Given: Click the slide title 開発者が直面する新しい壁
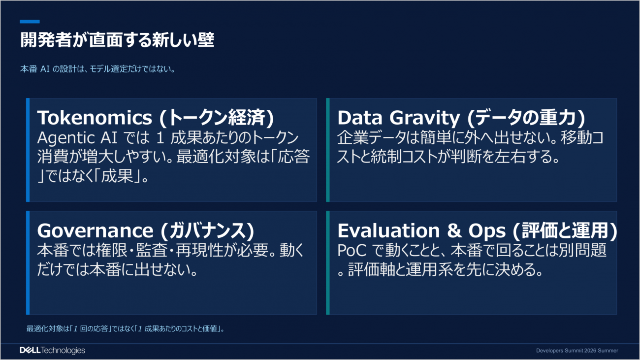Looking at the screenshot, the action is coord(117,40).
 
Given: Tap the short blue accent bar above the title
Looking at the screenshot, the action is coord(30,22).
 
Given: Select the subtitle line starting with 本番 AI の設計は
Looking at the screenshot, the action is coord(97,69).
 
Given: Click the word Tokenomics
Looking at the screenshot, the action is coord(95,117).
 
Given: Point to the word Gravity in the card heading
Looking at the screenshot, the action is coord(425,118).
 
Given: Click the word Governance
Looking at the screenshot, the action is coord(96,230).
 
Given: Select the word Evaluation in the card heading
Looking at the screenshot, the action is coord(388,230).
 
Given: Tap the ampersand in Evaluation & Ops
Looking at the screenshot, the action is coord(454,230).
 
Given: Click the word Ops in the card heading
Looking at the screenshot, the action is coord(487,231).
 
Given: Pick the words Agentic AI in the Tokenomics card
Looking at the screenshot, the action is coord(77,138).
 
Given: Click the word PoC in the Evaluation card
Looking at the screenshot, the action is coord(352,250).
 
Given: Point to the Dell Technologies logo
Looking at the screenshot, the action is coord(53,350).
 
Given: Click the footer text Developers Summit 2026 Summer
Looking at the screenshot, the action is coord(577,351).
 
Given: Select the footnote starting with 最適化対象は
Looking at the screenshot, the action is coord(125,328).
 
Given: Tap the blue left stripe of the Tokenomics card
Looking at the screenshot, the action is coord(28,150).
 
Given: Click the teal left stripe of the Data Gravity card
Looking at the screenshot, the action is coord(328,150).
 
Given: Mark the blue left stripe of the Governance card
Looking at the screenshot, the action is coord(28,263).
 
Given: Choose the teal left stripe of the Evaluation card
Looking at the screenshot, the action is coord(328,263).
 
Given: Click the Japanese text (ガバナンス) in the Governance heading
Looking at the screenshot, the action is coord(207,231).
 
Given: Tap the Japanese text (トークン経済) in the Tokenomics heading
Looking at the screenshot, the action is coord(217,118).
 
